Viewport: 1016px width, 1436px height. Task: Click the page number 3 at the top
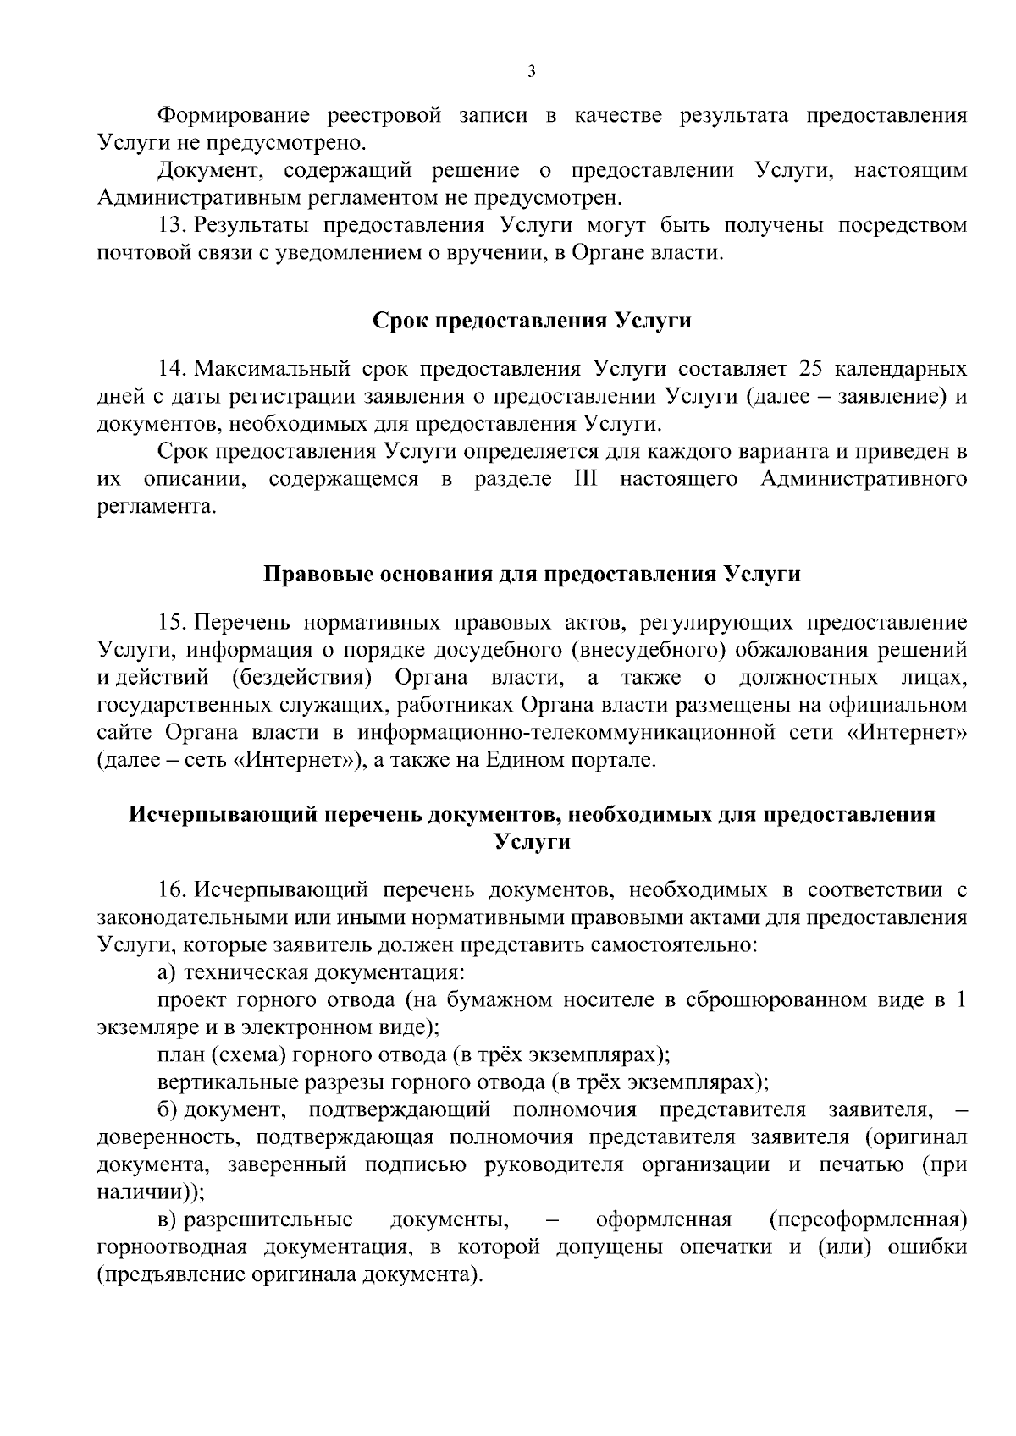click(x=531, y=72)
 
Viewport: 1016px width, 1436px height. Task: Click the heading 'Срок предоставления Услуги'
click(x=532, y=322)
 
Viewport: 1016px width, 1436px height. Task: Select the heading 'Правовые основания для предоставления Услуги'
click(x=533, y=575)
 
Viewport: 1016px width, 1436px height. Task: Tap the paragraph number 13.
click(x=172, y=225)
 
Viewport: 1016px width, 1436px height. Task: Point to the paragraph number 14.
click(x=172, y=369)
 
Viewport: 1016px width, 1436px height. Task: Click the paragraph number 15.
click(x=172, y=624)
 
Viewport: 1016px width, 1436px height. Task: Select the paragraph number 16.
click(x=172, y=889)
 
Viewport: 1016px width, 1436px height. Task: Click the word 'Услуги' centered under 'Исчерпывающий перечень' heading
click(x=532, y=842)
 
